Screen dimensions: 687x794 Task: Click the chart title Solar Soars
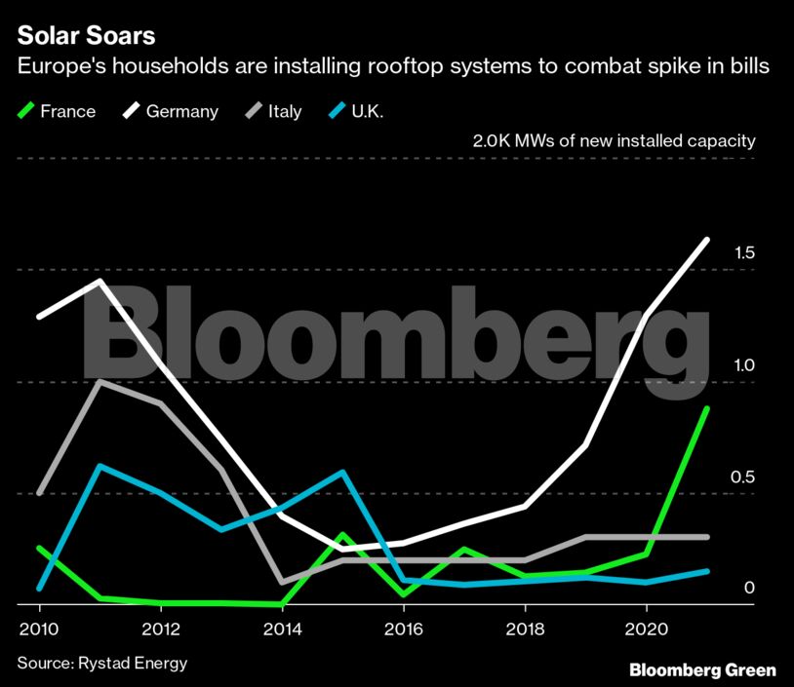[x=86, y=36]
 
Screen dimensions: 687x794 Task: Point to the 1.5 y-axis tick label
[x=743, y=253]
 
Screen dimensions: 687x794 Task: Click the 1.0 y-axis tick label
[x=743, y=365]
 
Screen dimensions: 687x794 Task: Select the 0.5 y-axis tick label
[x=743, y=477]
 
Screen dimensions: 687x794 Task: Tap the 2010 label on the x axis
[x=39, y=630]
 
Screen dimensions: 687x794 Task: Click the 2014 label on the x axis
[x=282, y=630]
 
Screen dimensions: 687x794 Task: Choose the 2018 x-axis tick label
[x=524, y=630]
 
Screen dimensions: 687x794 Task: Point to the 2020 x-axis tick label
[x=646, y=630]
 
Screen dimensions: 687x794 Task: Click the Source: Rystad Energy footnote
[x=101, y=664]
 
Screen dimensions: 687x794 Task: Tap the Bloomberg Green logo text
[x=702, y=670]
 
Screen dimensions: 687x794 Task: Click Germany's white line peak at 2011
[x=99, y=282]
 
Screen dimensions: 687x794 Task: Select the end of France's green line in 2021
[x=706, y=409]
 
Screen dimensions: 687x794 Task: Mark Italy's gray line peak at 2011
[x=99, y=381]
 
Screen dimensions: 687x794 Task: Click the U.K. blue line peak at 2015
[x=342, y=473]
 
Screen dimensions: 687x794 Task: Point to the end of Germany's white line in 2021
[x=706, y=240]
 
